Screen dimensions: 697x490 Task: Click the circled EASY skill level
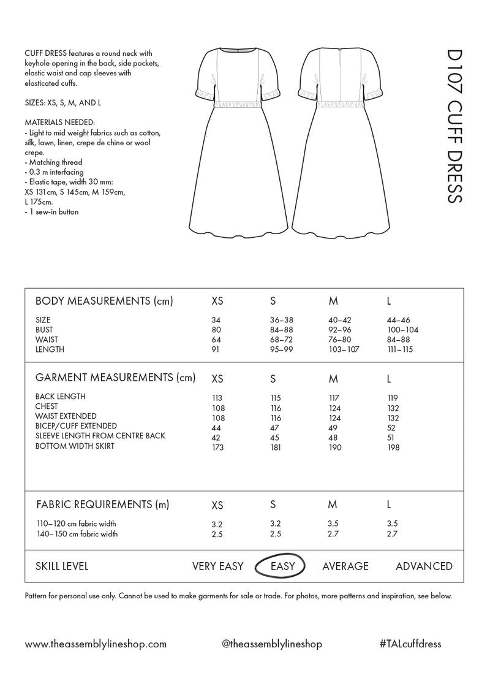(x=282, y=566)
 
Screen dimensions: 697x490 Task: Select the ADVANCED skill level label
(x=424, y=566)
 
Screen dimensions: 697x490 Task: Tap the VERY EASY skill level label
(x=217, y=566)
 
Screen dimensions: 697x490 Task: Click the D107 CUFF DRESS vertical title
(x=454, y=125)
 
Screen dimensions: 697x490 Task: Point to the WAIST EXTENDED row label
(x=66, y=416)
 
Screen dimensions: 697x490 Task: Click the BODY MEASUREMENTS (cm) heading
(x=104, y=301)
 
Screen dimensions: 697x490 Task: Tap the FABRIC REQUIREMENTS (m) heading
(x=102, y=505)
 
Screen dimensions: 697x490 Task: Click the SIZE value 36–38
(x=282, y=320)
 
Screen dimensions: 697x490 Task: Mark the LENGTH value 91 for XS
(x=216, y=349)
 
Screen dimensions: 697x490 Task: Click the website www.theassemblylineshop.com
(x=96, y=644)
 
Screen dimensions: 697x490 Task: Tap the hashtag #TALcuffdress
(x=410, y=644)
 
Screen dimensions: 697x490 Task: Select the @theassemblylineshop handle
(x=272, y=644)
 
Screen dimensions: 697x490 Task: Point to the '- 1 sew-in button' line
(x=52, y=212)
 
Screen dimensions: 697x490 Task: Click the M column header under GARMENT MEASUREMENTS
(x=333, y=378)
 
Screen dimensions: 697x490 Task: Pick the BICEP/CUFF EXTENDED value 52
(x=391, y=428)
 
